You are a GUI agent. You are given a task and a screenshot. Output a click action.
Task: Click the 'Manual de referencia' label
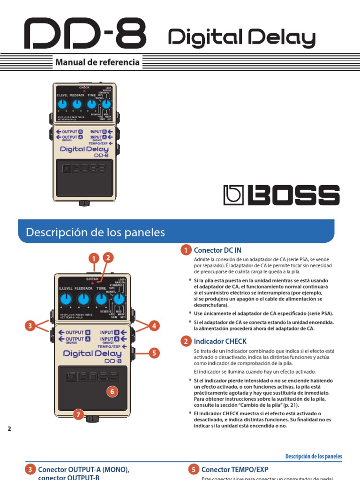coord(97,62)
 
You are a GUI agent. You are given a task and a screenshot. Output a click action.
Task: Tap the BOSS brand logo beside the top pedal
coord(281,195)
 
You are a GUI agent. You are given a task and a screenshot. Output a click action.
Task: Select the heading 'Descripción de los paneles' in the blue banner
coord(95,232)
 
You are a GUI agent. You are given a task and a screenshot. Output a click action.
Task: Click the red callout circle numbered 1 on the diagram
coord(94,258)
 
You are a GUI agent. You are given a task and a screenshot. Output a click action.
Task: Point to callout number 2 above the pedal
coord(108,257)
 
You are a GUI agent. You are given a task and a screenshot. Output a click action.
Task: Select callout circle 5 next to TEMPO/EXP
coord(154,353)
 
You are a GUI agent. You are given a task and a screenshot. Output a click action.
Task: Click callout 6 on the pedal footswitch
coord(112,391)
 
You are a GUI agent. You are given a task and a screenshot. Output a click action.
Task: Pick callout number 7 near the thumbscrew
coord(78,414)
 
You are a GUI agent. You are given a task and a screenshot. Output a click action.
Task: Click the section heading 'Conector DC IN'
coord(217,250)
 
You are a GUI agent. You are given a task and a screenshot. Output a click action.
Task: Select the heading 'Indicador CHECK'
coord(220,341)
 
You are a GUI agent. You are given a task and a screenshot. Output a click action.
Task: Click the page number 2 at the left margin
coord(9,429)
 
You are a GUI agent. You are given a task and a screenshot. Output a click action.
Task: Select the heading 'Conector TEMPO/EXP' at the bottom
coord(234,469)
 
